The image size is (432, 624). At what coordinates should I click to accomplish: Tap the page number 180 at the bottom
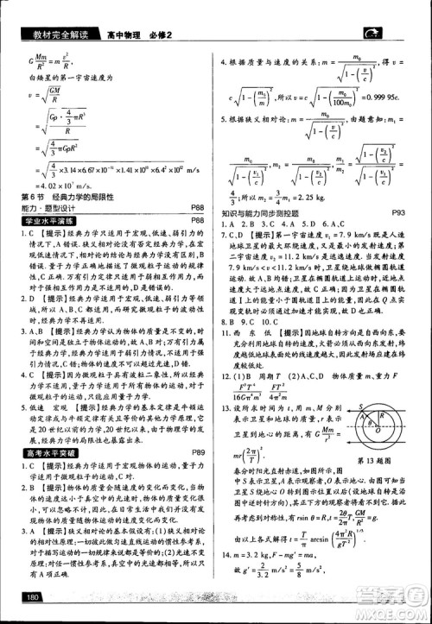point(35,597)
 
